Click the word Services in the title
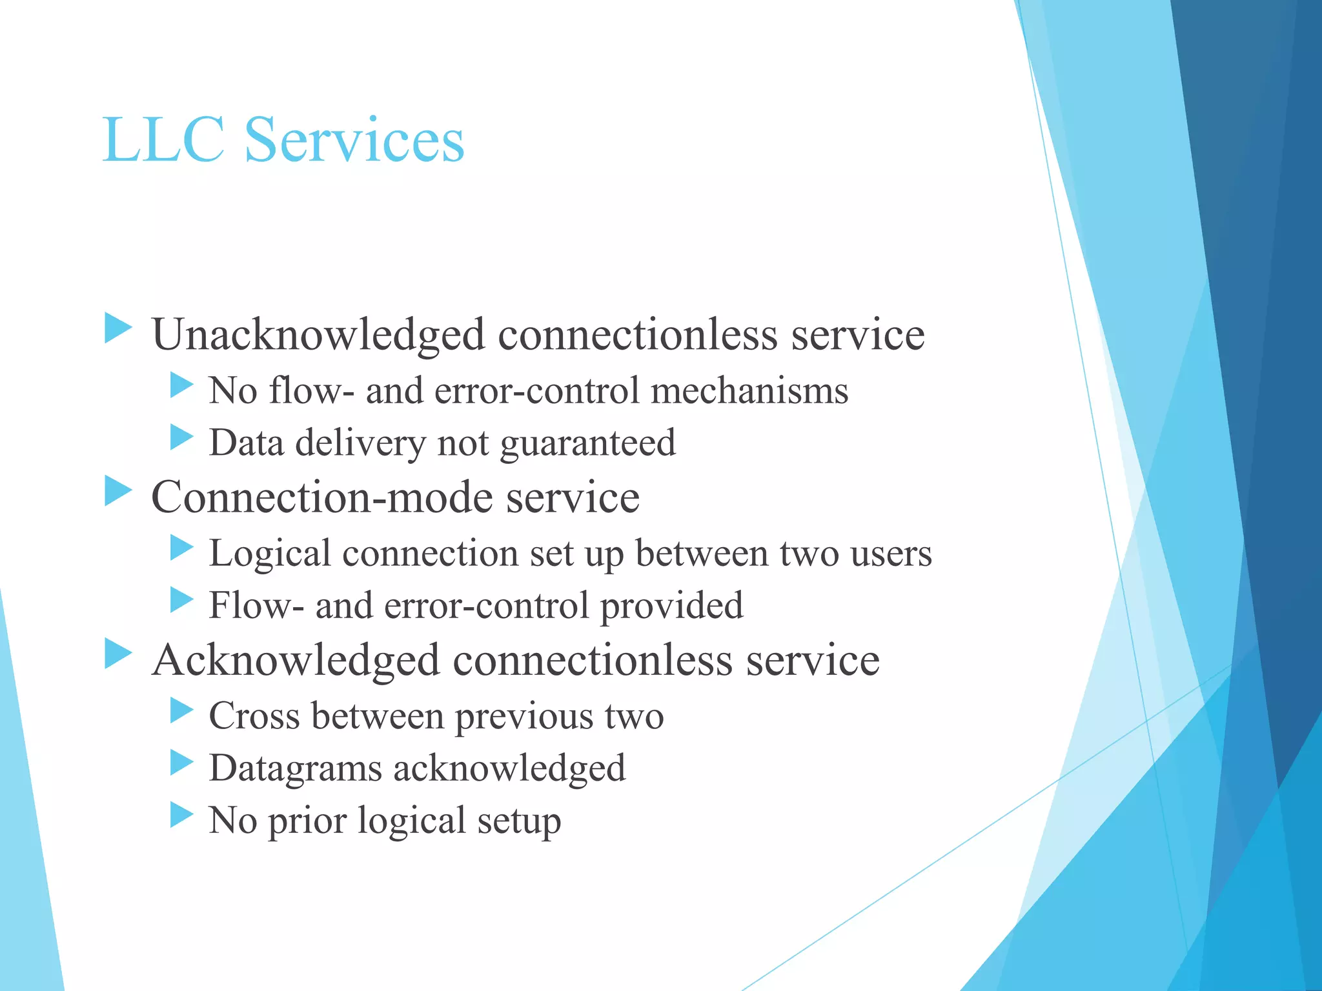354,139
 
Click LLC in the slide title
164,139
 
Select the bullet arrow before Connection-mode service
118,492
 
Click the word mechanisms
749,392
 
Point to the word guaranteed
588,444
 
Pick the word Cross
254,716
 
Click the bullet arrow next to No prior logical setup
181,814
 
